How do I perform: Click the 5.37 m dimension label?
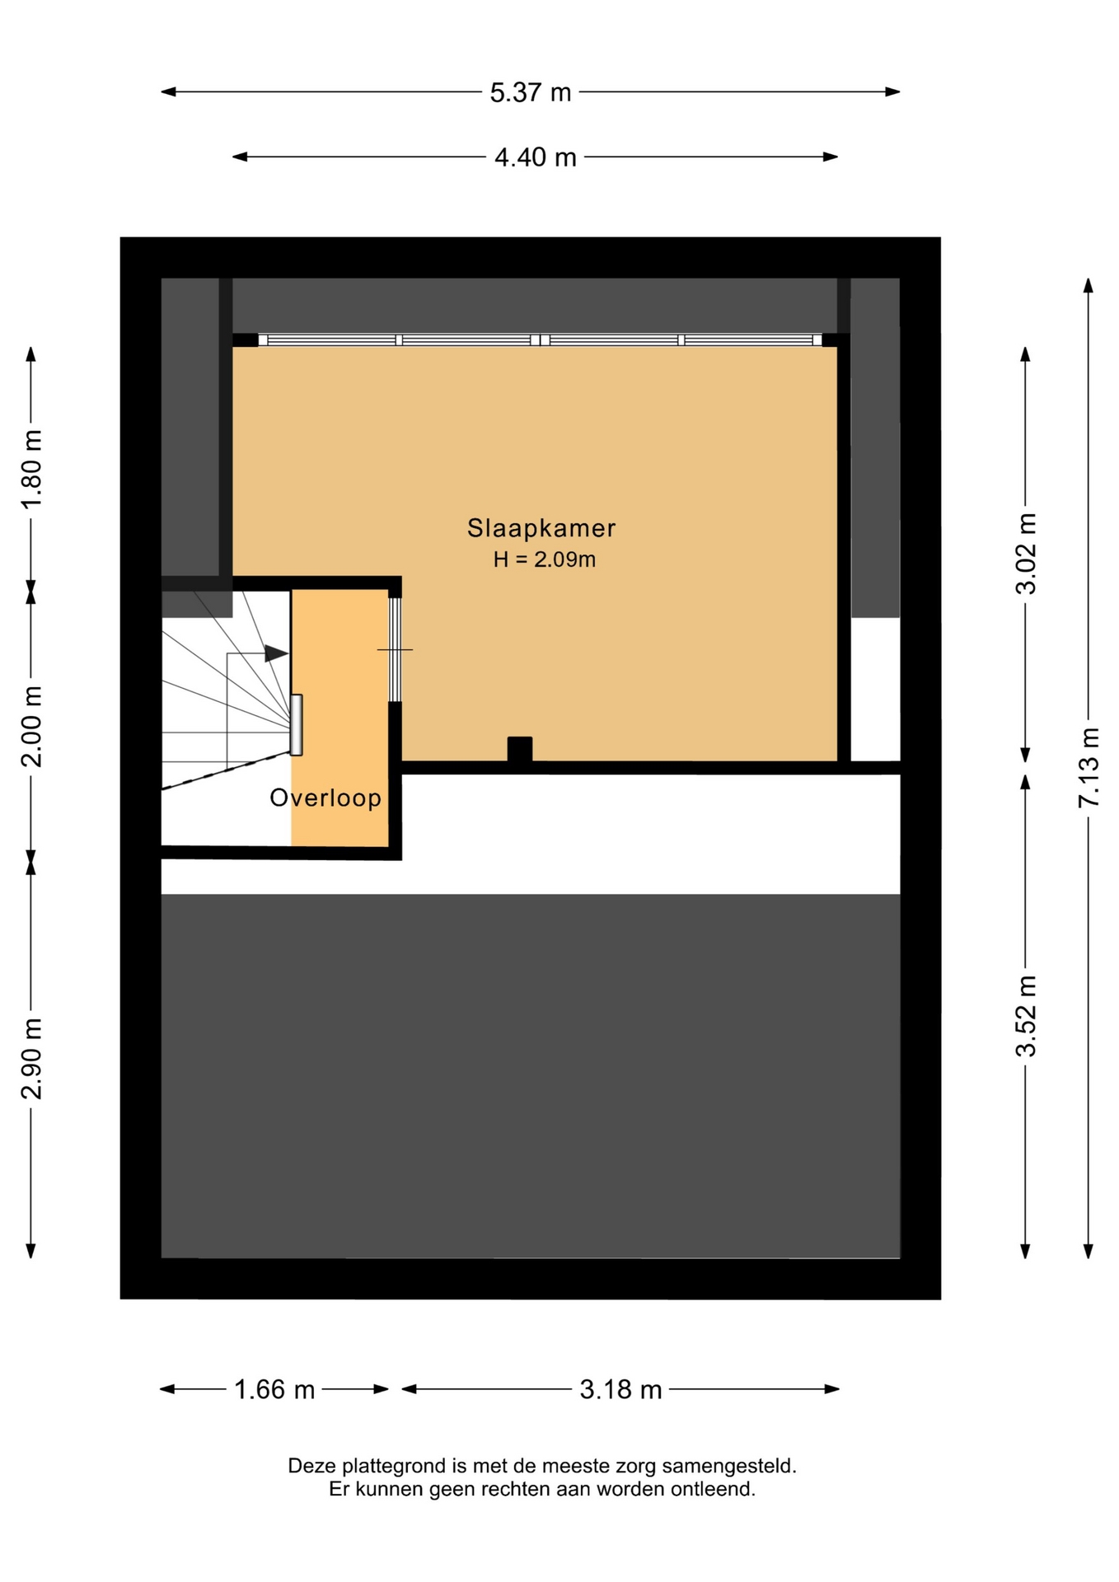[x=531, y=92]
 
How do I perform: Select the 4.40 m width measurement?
[x=536, y=157]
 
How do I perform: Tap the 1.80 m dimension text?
[x=31, y=469]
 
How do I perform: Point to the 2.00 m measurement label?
[x=31, y=726]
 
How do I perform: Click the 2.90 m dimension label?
[x=31, y=1058]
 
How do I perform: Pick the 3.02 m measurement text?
[x=1026, y=553]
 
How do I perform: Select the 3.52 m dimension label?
[x=1026, y=1015]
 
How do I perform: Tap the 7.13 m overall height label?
[x=1089, y=767]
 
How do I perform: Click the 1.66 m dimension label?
[x=274, y=1390]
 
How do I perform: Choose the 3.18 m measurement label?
[x=621, y=1390]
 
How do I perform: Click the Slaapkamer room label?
[x=541, y=528]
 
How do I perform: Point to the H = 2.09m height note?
[x=545, y=559]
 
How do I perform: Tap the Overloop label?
[x=326, y=798]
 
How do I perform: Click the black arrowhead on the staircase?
[x=276, y=654]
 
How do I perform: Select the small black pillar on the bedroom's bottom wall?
[x=520, y=749]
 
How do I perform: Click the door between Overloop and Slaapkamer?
[x=395, y=650]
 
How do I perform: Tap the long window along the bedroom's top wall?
[x=540, y=340]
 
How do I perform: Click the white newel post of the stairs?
[x=297, y=725]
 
